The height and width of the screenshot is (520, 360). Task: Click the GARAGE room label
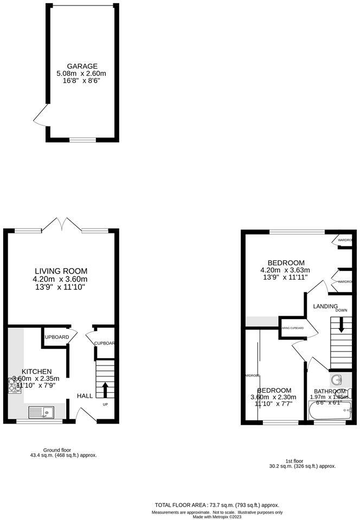click(82, 66)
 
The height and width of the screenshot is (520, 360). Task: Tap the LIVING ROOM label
click(61, 271)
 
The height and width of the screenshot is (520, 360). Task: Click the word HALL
click(85, 396)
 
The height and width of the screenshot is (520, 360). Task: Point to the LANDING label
click(325, 306)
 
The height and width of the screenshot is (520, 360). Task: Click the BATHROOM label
click(327, 391)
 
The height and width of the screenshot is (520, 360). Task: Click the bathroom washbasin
click(336, 380)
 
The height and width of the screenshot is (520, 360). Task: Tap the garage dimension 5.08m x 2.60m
click(82, 73)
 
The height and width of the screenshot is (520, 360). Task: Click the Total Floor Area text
click(217, 505)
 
